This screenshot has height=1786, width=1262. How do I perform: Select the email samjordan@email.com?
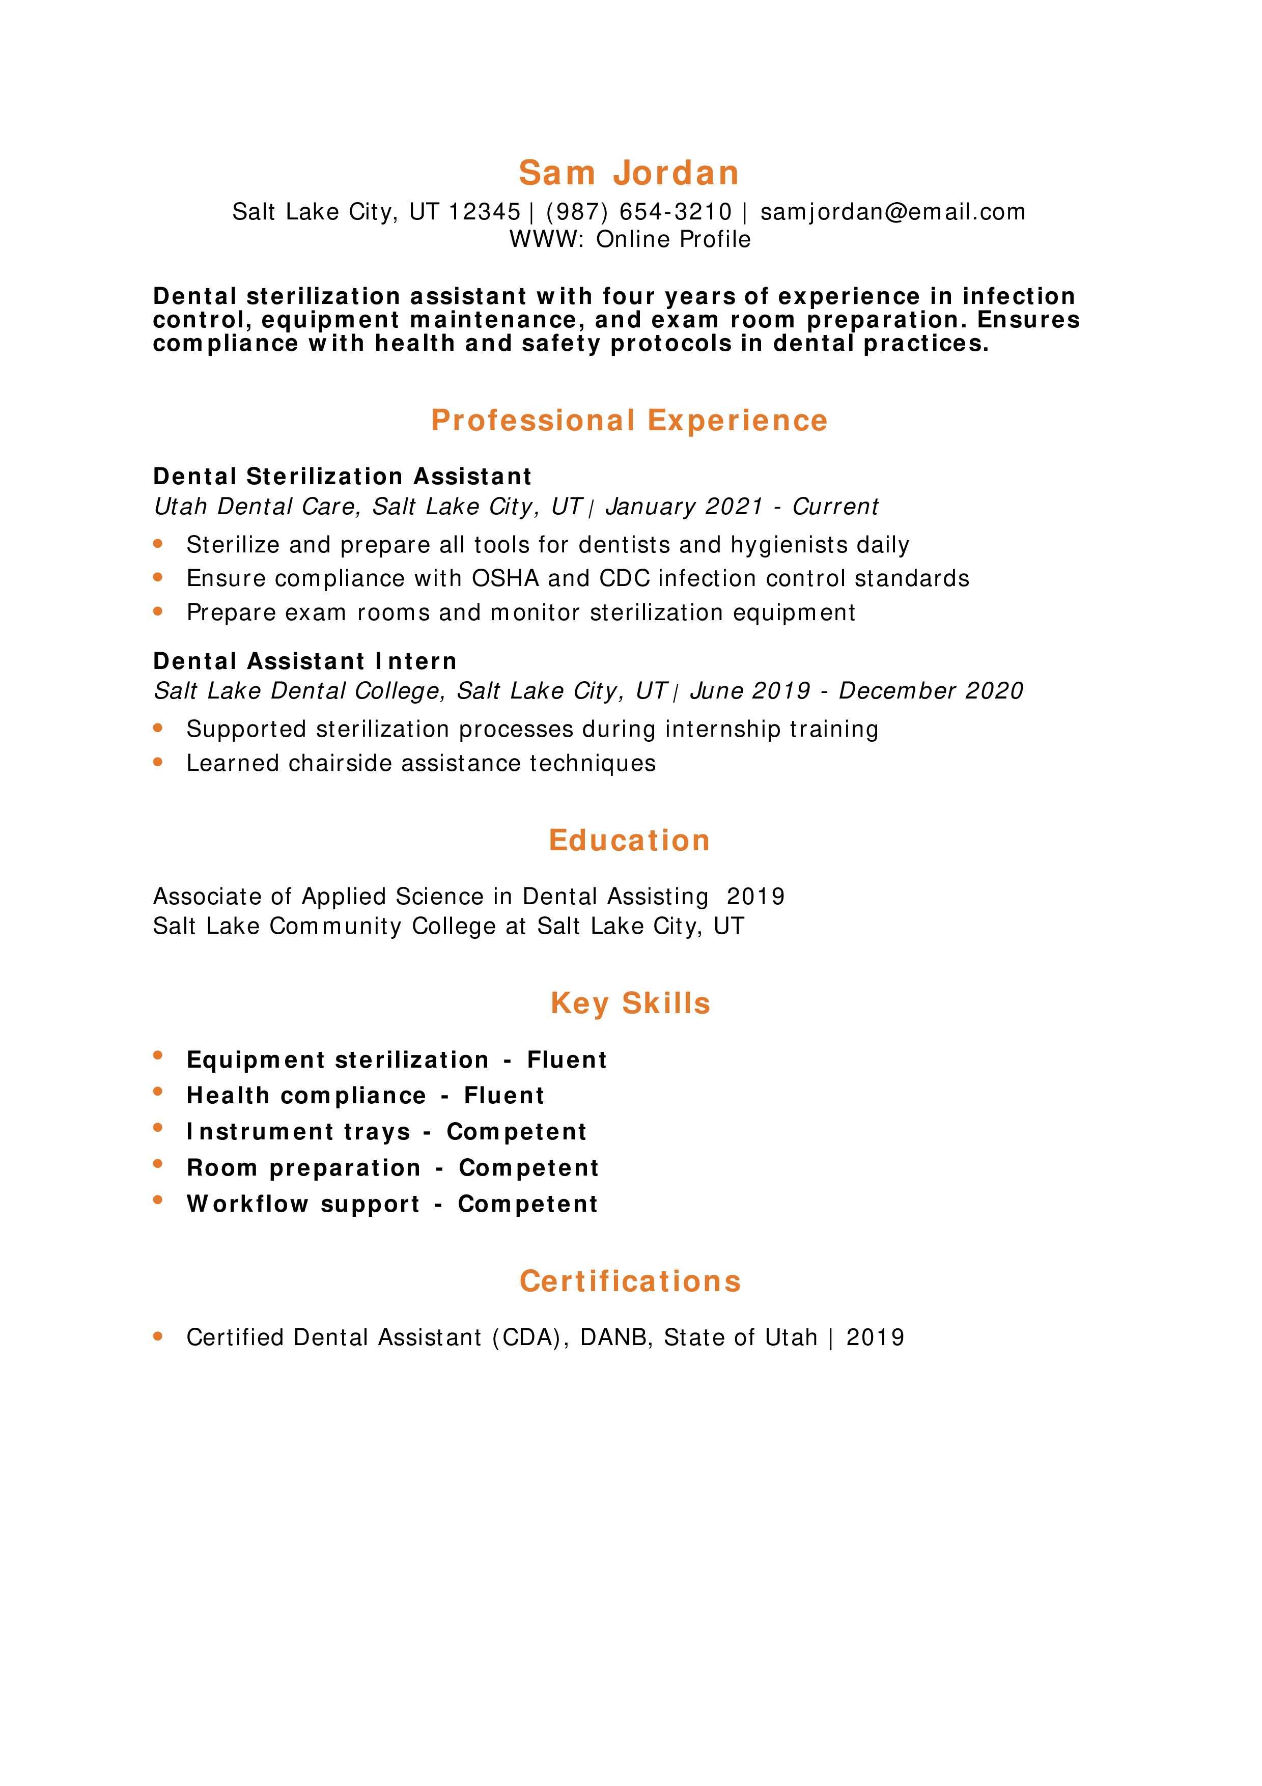point(892,212)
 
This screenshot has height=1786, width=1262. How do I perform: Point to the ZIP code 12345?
point(485,212)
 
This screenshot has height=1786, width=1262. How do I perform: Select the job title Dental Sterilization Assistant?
point(342,476)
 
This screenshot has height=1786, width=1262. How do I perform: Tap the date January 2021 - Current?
point(742,507)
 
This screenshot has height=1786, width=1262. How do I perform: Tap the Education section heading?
point(629,840)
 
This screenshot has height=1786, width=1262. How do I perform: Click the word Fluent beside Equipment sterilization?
point(567,1059)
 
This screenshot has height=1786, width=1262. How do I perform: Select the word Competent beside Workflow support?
point(527,1204)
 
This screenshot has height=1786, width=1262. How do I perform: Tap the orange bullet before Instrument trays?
point(158,1127)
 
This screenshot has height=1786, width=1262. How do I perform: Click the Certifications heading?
point(630,1281)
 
